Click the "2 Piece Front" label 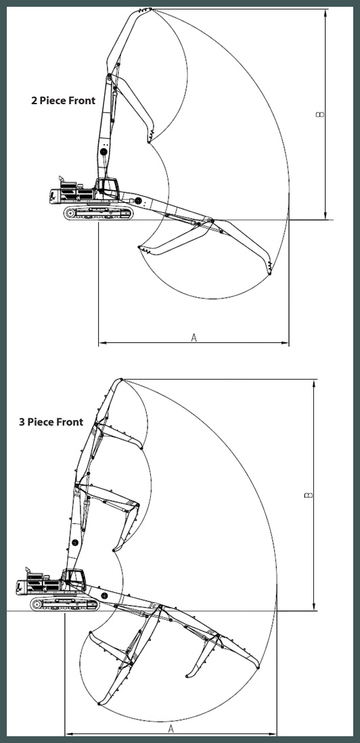[x=63, y=100]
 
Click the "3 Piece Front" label [x=51, y=422]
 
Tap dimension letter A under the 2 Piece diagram [x=194, y=338]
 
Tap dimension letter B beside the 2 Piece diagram [x=320, y=114]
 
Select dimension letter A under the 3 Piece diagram [x=171, y=729]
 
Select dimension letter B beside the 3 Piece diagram [x=309, y=495]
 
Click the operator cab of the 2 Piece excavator [x=108, y=188]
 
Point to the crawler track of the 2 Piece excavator [x=99, y=212]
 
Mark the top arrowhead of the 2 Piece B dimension [x=325, y=13]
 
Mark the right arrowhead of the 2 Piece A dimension [x=285, y=342]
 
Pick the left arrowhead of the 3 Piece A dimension [x=69, y=734]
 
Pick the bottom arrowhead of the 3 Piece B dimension [x=313, y=607]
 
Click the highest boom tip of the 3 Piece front [x=121, y=379]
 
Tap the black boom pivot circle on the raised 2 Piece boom [x=104, y=152]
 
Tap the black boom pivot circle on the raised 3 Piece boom [x=75, y=543]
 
